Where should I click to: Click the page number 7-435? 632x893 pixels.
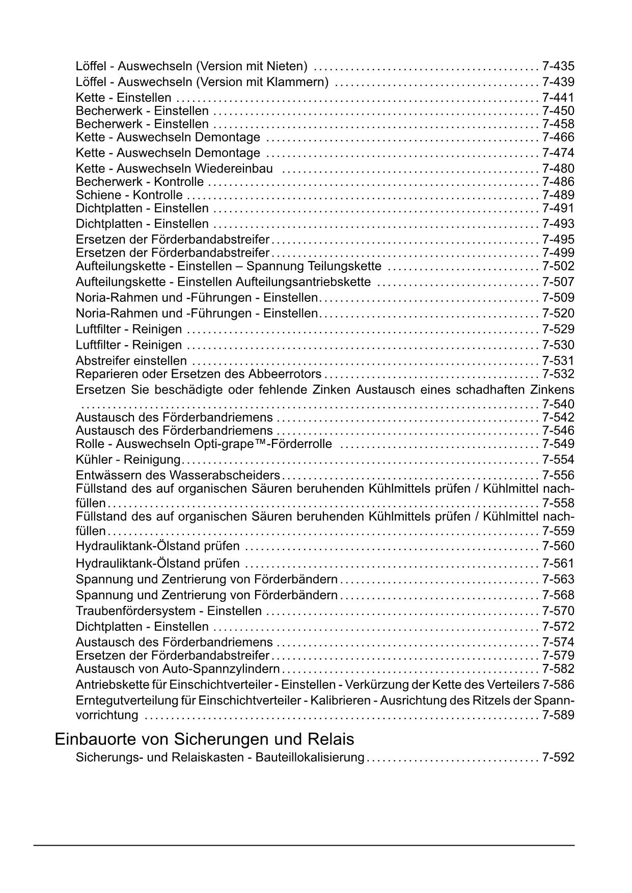point(558,66)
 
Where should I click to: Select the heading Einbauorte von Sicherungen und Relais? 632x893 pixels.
point(204,739)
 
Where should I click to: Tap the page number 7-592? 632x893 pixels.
point(558,758)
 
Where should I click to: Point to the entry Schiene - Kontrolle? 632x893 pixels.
point(129,195)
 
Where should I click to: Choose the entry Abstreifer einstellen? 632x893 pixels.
point(131,361)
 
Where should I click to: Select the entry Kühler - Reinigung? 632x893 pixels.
point(128,460)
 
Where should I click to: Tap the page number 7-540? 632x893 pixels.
point(558,405)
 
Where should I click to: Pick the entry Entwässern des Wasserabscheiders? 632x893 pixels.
point(178,476)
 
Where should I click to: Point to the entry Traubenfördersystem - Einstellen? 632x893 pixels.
point(169,611)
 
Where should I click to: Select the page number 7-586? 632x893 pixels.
point(558,685)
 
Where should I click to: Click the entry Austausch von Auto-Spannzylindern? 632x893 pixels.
point(178,669)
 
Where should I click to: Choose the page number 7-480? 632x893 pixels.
point(558,169)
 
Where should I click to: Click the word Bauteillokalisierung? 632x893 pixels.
point(310,758)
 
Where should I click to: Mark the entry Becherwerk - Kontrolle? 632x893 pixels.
point(140,182)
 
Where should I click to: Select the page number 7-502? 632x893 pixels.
point(558,266)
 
